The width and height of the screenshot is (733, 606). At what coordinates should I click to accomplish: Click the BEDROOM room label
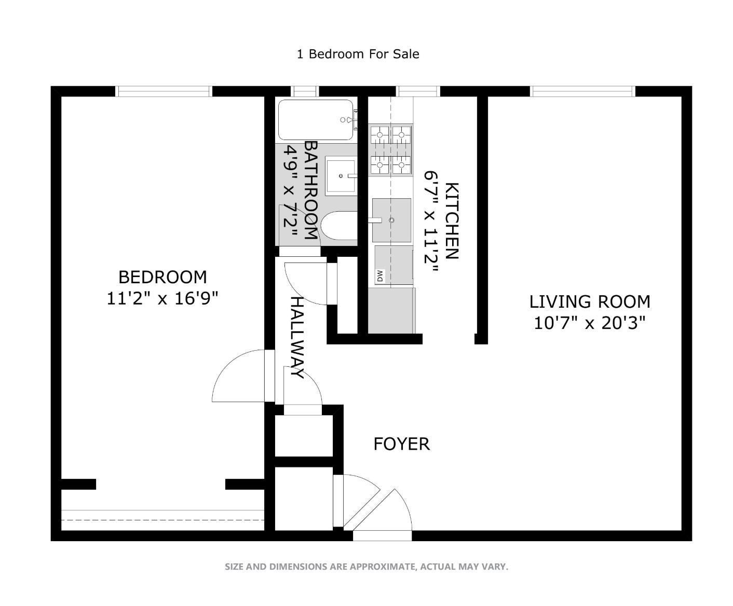(162, 277)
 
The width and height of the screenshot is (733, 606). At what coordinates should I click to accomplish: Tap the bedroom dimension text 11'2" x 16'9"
(162, 299)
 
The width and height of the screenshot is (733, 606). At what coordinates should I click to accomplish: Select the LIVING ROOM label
(590, 302)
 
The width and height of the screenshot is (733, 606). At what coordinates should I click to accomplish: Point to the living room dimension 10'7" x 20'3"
(590, 323)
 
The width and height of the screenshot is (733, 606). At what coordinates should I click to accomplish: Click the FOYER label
(402, 444)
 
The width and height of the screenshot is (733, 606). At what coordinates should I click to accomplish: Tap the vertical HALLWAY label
(297, 338)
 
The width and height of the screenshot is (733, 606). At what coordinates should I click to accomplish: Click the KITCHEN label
(452, 221)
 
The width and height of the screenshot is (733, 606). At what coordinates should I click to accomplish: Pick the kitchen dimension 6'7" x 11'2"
(431, 222)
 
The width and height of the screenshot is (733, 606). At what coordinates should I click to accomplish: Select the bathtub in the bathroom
(316, 120)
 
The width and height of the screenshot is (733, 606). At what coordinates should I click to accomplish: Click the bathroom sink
(341, 176)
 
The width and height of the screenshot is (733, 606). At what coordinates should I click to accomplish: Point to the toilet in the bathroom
(339, 226)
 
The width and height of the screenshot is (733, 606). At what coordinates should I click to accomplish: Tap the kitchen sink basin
(391, 220)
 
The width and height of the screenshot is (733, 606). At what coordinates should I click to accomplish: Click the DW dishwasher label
(380, 276)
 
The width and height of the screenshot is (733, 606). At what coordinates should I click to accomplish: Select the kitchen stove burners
(391, 150)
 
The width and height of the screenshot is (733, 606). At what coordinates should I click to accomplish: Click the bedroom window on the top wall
(164, 91)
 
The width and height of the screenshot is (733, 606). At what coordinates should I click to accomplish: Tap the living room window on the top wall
(582, 91)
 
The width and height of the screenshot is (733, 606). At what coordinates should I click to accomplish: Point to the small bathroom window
(305, 91)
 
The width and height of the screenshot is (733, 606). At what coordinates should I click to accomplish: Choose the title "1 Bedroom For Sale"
(358, 54)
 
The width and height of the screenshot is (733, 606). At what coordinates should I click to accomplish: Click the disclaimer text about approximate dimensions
(366, 567)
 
